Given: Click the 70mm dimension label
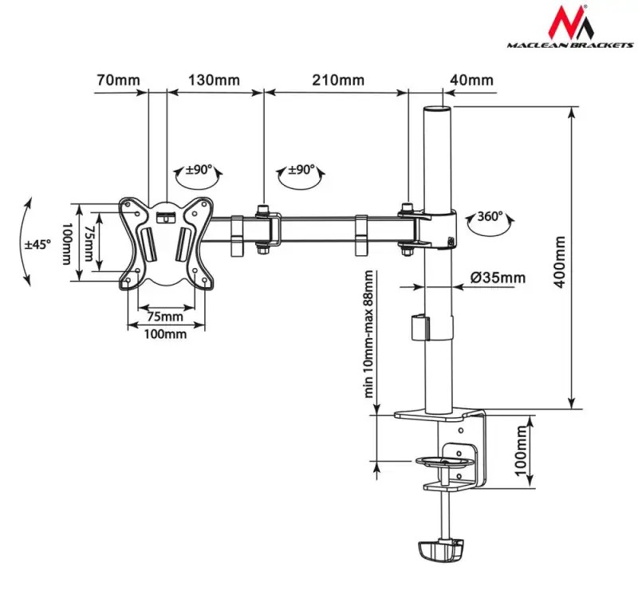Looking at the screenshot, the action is (x=118, y=80).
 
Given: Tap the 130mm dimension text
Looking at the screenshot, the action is (x=214, y=80).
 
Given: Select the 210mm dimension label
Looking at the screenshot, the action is (x=338, y=80).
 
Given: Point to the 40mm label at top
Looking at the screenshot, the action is (x=471, y=80).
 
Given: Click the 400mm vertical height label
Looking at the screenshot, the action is (x=560, y=262).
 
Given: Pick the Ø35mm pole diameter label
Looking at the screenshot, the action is (x=498, y=278).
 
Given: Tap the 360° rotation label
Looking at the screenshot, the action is (x=490, y=215).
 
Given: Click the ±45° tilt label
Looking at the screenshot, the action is (x=37, y=245).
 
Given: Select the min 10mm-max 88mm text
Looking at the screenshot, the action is (x=368, y=334).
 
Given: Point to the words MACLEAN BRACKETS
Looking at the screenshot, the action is (x=570, y=45).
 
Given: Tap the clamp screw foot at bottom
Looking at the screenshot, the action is (x=441, y=550).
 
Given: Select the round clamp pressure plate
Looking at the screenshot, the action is (x=445, y=461).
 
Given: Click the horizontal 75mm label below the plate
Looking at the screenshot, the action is (x=165, y=317).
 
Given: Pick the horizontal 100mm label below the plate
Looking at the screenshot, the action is (x=165, y=334).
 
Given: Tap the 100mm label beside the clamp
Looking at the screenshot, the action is (x=521, y=451).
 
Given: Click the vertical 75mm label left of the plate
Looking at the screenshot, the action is (x=89, y=243).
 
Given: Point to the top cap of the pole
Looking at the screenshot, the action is (x=437, y=109).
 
